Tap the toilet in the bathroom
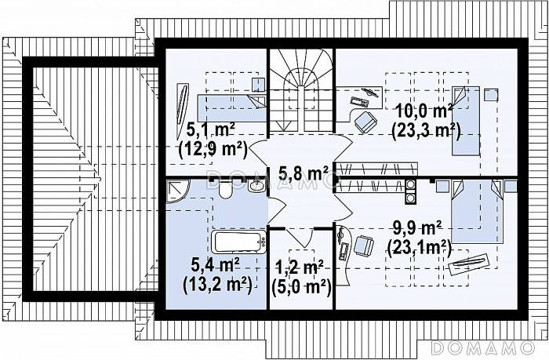click(x=224, y=189)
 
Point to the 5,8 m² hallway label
click(x=304, y=173)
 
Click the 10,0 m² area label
click(x=424, y=112)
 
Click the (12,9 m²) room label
click(x=213, y=150)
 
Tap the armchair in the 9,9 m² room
click(x=364, y=245)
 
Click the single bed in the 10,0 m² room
click(x=466, y=120)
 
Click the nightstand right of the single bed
click(x=491, y=95)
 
